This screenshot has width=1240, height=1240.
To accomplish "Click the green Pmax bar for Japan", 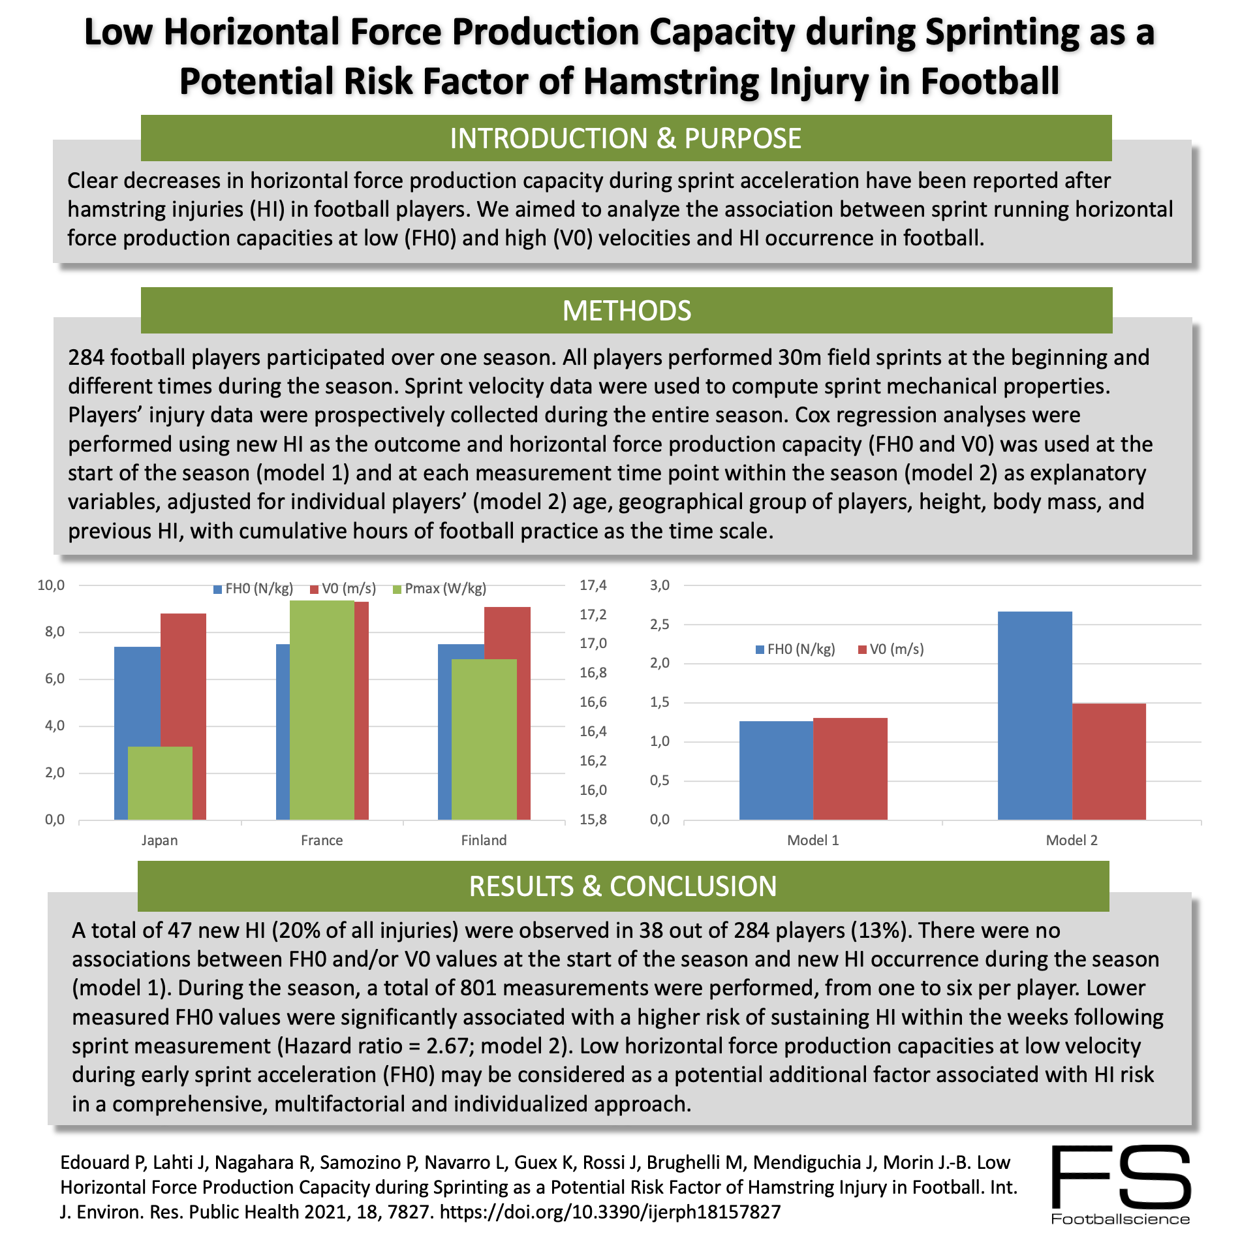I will pyautogui.click(x=160, y=783).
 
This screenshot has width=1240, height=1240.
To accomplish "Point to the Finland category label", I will pyautogui.click(x=484, y=840).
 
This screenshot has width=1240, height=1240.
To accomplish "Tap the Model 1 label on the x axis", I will pyautogui.click(x=813, y=840).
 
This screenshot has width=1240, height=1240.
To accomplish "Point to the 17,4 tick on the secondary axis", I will pyautogui.click(x=593, y=585).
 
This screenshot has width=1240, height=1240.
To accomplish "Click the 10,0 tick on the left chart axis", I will pyautogui.click(x=51, y=585).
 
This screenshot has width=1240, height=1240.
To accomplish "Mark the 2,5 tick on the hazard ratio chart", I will pyautogui.click(x=660, y=625).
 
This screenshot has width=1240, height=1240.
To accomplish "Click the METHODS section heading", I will pyautogui.click(x=626, y=311).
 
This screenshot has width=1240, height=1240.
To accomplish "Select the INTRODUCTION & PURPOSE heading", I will pyautogui.click(x=625, y=138).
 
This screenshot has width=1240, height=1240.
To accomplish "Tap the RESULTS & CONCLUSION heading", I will pyautogui.click(x=623, y=886).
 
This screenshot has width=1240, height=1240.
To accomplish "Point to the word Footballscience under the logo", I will pyautogui.click(x=1121, y=1219).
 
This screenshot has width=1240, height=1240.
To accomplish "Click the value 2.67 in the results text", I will pyautogui.click(x=451, y=1046).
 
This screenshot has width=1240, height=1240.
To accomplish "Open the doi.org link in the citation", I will pyautogui.click(x=610, y=1212).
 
